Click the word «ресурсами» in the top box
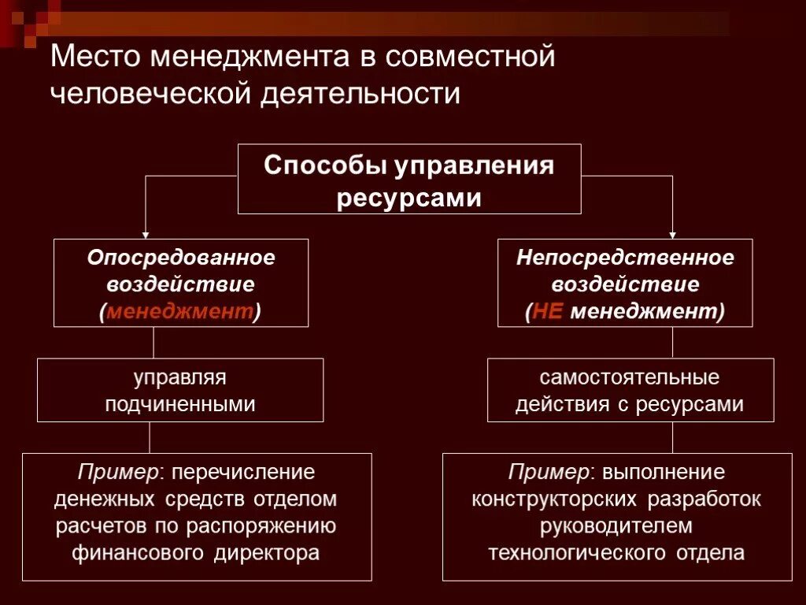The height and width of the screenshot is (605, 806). click(x=409, y=197)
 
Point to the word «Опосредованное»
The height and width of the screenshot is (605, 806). click(x=181, y=258)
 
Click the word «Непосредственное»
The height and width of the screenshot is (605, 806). click(x=625, y=258)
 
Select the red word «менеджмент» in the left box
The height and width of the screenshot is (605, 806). click(x=180, y=311)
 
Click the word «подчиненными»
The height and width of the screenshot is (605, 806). click(x=180, y=404)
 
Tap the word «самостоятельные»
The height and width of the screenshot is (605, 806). click(x=630, y=377)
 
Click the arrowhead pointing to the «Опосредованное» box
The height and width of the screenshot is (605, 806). click(x=145, y=235)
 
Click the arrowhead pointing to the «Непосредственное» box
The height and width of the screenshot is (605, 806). click(x=673, y=235)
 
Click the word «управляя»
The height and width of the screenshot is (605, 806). click(x=180, y=377)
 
